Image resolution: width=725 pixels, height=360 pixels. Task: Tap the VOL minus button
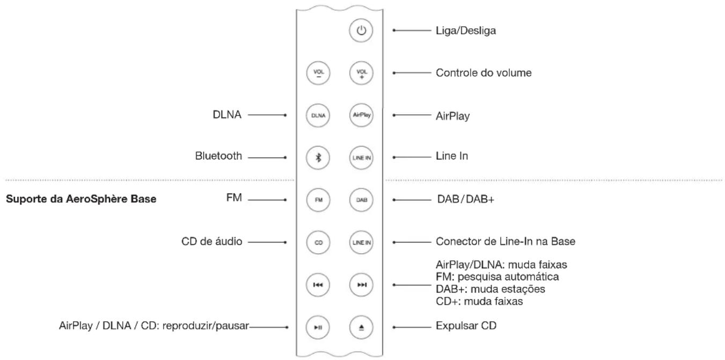318,72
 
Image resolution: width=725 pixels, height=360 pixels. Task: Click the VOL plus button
361,72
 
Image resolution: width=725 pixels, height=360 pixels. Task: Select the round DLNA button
318,114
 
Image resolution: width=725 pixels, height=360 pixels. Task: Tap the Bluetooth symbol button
318,157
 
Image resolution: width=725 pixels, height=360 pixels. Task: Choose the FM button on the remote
318,199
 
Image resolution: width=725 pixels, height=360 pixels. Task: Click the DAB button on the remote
361,199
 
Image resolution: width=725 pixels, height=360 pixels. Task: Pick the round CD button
318,242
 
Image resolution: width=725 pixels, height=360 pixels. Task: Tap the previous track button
318,284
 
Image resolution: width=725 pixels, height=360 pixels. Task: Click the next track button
361,284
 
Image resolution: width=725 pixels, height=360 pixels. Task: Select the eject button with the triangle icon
361,327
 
